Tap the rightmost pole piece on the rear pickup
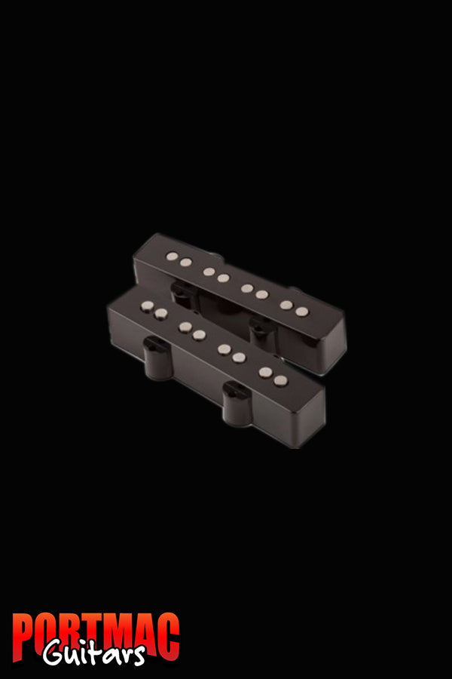301,312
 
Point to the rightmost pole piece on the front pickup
280,381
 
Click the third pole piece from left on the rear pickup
209,272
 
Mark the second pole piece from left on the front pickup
160,313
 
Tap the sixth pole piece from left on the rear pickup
261,295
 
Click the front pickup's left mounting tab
153,349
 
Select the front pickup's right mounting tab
236,394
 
